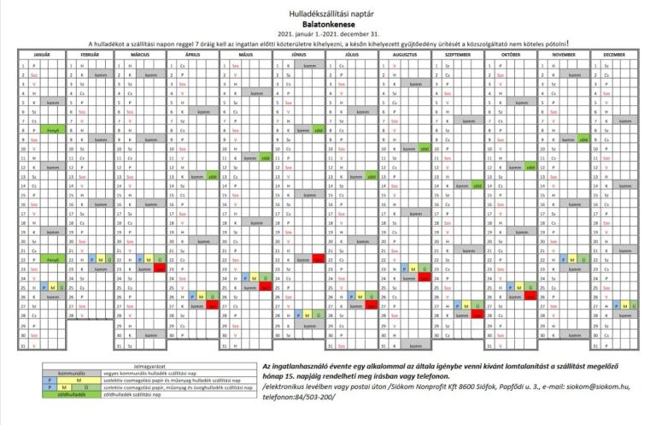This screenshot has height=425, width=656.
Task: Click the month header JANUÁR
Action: click(x=35, y=54)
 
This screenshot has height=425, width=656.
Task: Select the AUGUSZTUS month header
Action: click(x=405, y=54)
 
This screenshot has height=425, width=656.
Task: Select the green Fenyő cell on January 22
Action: click(x=52, y=257)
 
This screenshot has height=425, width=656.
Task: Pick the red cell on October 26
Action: click(x=530, y=294)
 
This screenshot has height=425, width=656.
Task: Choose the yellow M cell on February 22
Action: click(x=103, y=257)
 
